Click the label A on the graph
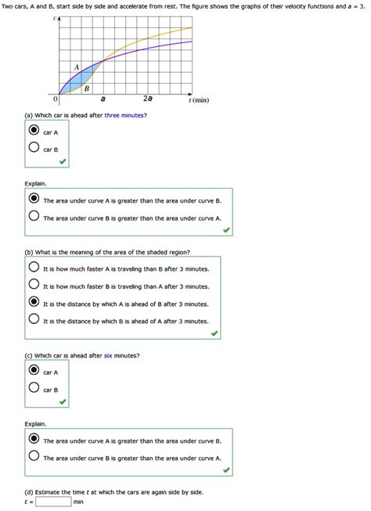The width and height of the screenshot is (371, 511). (76, 67)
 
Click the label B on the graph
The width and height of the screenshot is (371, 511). (86, 88)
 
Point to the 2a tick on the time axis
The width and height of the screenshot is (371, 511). (148, 100)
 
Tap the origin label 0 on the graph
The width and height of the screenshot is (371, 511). (56, 100)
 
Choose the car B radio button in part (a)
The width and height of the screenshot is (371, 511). (34, 148)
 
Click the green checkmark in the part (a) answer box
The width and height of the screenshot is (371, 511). (62, 161)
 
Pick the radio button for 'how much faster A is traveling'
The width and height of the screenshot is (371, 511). (34, 267)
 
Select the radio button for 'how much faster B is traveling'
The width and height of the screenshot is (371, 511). (34, 284)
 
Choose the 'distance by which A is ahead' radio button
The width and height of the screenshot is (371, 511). (34, 302)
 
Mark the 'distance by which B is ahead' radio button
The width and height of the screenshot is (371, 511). (34, 319)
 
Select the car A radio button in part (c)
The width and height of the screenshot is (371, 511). (34, 371)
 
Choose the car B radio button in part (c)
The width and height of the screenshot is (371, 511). (34, 388)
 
